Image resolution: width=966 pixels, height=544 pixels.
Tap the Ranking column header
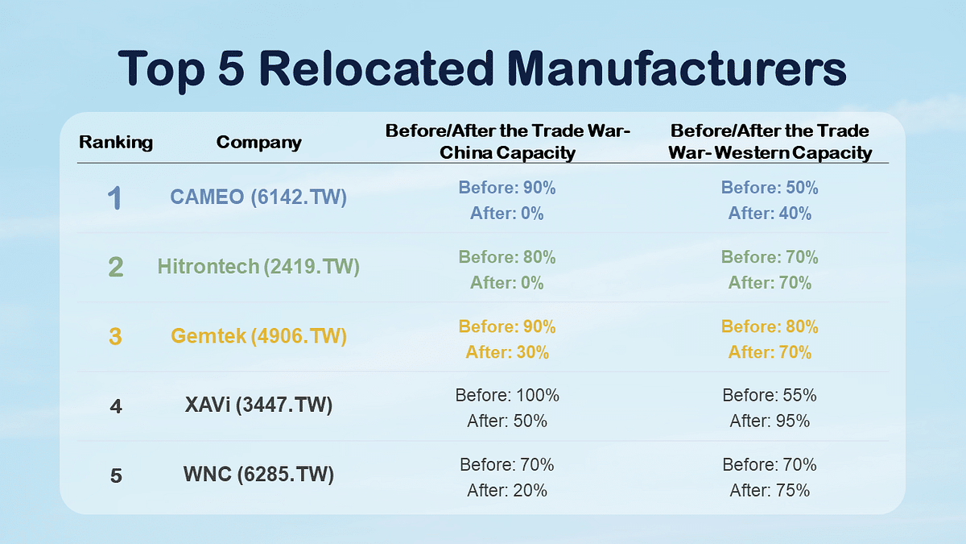pos(116,143)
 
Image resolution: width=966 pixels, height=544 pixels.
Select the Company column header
pos(258,143)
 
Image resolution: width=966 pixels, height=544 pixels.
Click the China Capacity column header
pos(507,142)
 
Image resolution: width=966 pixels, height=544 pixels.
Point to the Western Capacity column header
pos(770,142)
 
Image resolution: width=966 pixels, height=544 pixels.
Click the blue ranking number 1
pos(115,198)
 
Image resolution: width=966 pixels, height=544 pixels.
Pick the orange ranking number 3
pos(115,337)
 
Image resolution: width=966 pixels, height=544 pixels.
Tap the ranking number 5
pos(116,476)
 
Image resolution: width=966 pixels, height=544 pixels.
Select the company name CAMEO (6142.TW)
pos(258,197)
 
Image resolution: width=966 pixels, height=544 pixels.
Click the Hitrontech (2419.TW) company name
pos(258,267)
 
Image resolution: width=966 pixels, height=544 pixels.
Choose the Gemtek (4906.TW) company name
pos(258,336)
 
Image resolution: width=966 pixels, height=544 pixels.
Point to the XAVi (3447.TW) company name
pos(258,405)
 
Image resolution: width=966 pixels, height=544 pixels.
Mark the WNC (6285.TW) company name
pos(258,475)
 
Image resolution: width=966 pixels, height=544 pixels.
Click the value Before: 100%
pos(507,396)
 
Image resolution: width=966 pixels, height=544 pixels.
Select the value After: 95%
pos(770,421)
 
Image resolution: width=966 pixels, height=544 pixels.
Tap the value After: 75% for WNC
pos(770,490)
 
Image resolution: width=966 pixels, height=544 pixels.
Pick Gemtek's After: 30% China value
pos(507,352)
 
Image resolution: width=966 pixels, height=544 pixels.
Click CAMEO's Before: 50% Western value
pos(770,188)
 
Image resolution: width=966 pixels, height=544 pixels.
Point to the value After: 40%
pos(770,214)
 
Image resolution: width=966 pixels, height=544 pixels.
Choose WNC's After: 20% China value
pos(507,490)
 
